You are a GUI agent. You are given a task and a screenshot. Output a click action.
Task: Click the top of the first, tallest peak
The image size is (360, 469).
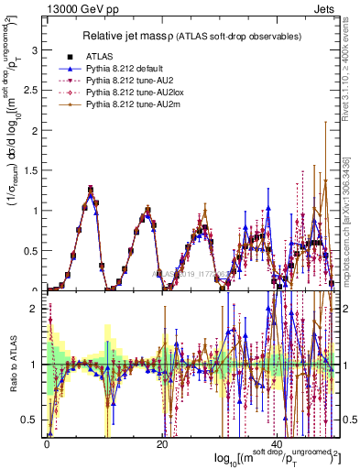click(x=91, y=190)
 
